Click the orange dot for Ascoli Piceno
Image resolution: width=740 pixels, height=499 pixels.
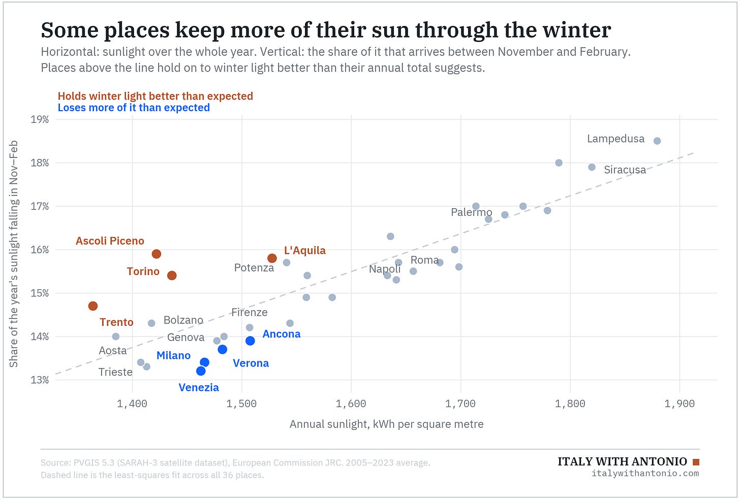156,254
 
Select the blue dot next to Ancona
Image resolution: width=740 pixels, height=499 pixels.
250,341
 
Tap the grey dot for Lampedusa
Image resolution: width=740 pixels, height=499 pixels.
657,141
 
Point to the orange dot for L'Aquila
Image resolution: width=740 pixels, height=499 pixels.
272,258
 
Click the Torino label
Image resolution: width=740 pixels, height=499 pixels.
143,271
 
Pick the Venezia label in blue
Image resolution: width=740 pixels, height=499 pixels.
199,387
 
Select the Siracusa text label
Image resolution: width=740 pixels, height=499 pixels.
625,170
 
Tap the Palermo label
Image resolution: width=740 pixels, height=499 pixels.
472,212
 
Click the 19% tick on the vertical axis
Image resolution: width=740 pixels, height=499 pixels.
40,119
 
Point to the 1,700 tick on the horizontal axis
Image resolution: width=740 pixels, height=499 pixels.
460,403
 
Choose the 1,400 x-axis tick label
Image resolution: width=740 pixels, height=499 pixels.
132,403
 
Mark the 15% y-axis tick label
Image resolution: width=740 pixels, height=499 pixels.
40,293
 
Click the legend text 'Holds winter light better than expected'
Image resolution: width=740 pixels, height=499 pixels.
156,96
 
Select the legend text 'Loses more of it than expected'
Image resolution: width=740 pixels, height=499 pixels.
134,108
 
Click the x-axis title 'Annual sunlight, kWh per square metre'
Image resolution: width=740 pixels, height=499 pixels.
386,424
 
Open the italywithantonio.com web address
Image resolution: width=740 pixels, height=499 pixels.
645,473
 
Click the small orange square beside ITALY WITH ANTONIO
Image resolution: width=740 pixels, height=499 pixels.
696,462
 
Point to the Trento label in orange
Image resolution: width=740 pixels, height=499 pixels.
116,322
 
